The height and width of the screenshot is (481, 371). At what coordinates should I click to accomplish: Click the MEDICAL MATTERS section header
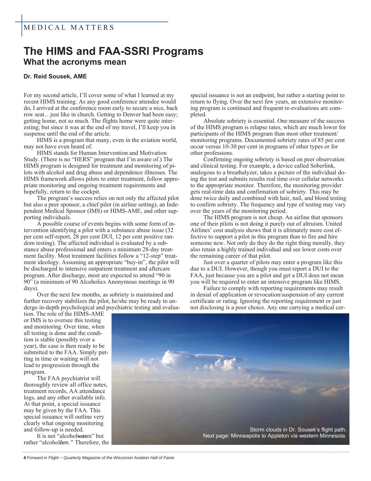point(69,28)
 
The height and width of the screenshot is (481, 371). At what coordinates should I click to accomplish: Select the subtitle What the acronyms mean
point(75,62)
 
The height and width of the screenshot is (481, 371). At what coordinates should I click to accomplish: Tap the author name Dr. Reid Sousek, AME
point(55,77)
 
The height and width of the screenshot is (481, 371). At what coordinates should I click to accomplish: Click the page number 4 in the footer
point(25,458)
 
